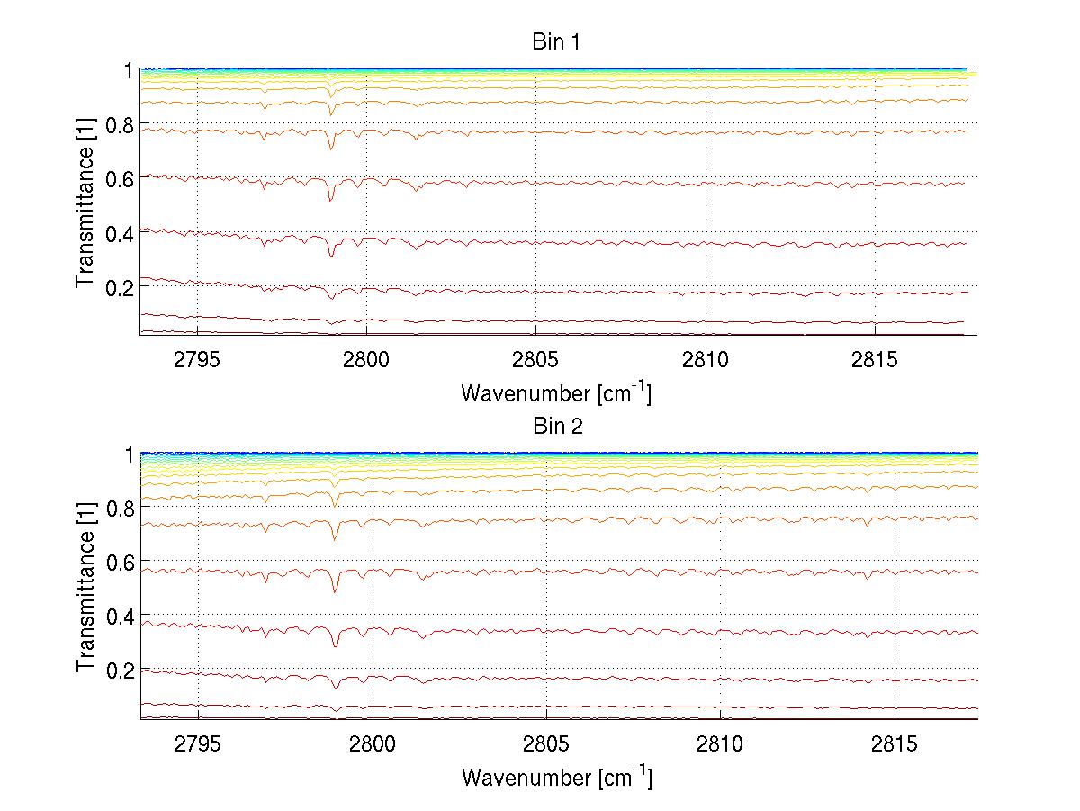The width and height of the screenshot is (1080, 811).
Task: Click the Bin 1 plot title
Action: [558, 42]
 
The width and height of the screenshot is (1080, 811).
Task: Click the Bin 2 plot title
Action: [558, 427]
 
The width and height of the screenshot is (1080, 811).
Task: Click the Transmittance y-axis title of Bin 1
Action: [85, 202]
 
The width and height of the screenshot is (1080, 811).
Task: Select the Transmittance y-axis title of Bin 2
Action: [85, 586]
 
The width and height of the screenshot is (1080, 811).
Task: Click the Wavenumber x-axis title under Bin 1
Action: [556, 393]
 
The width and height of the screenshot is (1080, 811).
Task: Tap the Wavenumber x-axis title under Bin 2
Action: [556, 778]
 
